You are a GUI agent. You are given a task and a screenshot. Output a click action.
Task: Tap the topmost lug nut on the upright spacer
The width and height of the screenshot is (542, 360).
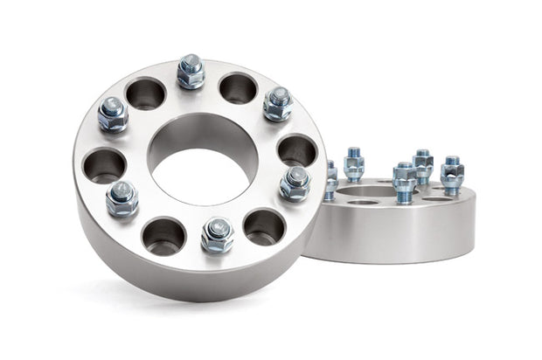coord(190,72)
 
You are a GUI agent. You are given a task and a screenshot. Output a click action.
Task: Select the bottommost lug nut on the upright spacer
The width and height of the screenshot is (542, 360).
coord(216,233)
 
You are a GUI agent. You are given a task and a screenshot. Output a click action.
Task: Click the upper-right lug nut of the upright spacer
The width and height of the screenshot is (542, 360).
coord(277,103)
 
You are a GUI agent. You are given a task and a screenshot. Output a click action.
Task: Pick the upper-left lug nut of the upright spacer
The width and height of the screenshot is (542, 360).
coord(113,114)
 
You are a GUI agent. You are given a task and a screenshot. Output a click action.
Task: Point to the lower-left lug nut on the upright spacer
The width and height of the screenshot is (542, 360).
coord(122,198)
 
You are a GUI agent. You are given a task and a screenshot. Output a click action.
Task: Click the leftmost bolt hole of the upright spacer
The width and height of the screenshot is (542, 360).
coord(104,164)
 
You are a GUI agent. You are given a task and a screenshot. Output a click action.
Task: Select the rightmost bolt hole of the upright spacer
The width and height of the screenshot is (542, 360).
coord(297,149)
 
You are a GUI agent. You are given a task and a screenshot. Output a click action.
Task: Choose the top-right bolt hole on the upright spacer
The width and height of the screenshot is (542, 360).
coord(238,88)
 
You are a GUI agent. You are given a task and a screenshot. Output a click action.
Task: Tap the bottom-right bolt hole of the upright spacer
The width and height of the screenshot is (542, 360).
coord(264,226)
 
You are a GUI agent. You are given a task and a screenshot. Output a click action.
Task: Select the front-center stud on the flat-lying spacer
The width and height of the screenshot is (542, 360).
coord(404,182)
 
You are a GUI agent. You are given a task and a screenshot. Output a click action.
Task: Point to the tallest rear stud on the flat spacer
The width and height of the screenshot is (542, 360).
coord(423,165)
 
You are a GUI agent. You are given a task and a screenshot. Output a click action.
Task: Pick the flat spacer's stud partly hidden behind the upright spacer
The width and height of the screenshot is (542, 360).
coord(330,180)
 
